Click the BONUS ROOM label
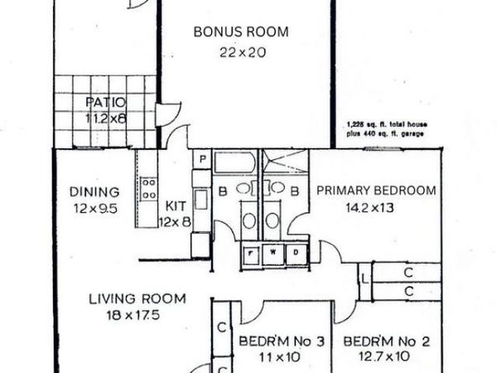(x=240, y=32)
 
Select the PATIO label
(x=104, y=103)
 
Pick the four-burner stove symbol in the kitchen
(x=149, y=189)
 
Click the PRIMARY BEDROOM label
(x=376, y=190)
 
